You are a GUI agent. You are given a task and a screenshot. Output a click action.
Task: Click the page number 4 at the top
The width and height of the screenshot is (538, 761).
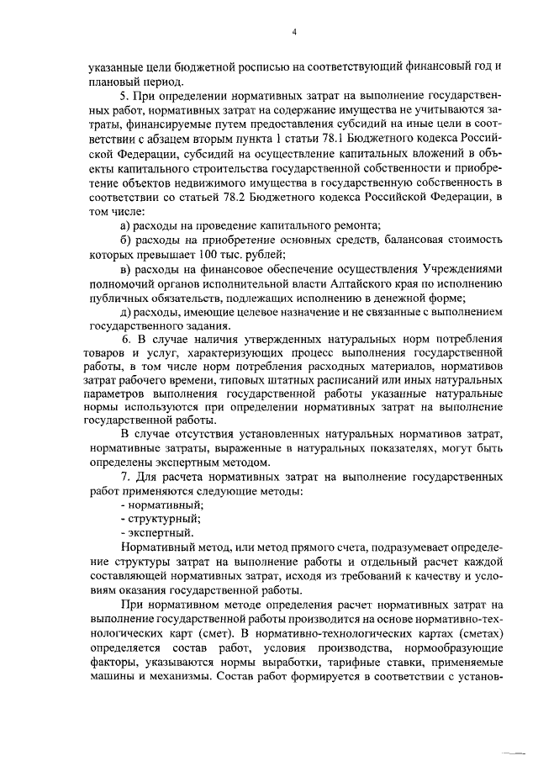pos(294,32)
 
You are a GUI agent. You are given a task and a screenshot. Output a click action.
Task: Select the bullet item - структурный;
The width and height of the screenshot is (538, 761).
pos(153,518)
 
